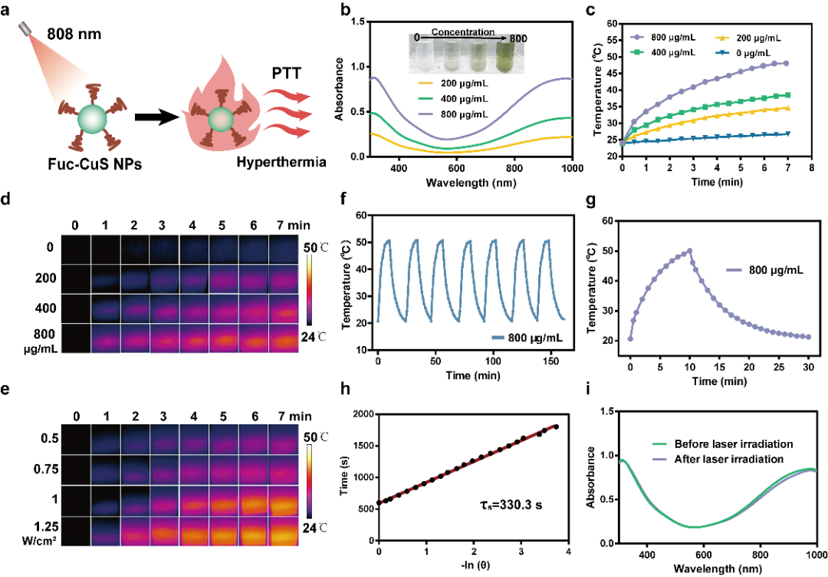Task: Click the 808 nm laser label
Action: point(74,34)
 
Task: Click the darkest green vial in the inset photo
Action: point(507,58)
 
